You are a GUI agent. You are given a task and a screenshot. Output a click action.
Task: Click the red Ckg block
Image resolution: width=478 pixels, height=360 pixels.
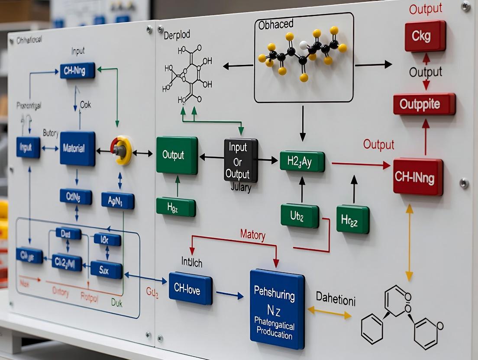[425, 36]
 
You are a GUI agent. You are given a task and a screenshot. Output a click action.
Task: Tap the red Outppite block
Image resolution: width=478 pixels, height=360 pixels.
[424, 104]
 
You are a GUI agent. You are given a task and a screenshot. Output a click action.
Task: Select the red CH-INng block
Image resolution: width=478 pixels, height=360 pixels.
[418, 177]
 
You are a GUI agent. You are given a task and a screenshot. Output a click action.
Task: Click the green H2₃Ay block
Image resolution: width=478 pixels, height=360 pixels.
[302, 161]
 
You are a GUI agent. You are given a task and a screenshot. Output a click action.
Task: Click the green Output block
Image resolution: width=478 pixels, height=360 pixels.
[177, 155]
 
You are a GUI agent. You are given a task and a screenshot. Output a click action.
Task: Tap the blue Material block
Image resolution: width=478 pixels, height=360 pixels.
[78, 148]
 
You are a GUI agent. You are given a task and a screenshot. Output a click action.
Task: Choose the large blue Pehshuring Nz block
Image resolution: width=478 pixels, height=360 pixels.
[277, 308]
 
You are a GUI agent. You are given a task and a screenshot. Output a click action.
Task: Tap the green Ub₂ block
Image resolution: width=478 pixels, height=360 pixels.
[300, 215]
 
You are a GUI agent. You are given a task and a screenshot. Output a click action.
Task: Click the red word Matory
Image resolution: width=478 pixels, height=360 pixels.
[252, 235]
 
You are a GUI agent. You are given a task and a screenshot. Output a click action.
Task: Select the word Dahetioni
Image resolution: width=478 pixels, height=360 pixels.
[336, 299]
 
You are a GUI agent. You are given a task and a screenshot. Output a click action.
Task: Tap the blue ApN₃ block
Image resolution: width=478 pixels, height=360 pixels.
[117, 200]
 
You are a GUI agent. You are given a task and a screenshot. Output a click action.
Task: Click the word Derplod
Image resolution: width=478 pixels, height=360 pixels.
[177, 35]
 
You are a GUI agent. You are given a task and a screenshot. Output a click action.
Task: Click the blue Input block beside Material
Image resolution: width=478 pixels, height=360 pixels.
[28, 147]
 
